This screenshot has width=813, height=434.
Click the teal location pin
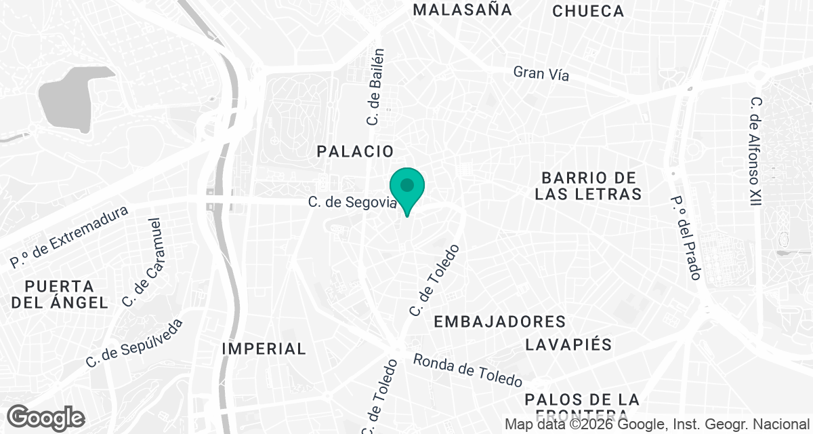click(406, 187)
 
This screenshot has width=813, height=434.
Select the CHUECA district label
click(587, 11)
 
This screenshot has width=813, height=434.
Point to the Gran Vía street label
click(541, 73)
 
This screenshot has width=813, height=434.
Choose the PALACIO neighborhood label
click(355, 152)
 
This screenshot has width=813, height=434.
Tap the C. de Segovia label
click(351, 202)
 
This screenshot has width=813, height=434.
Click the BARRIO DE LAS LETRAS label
click(587, 186)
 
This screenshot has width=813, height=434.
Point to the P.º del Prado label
click(684, 238)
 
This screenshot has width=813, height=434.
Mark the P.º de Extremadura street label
click(69, 237)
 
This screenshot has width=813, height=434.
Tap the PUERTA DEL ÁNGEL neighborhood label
click(60, 294)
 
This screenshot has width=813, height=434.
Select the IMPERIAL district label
click(264, 349)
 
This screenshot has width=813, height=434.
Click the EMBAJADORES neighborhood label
click(499, 321)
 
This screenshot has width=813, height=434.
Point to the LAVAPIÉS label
click(568, 344)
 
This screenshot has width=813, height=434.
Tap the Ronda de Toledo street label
click(468, 370)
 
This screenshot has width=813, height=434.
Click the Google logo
click(46, 418)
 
